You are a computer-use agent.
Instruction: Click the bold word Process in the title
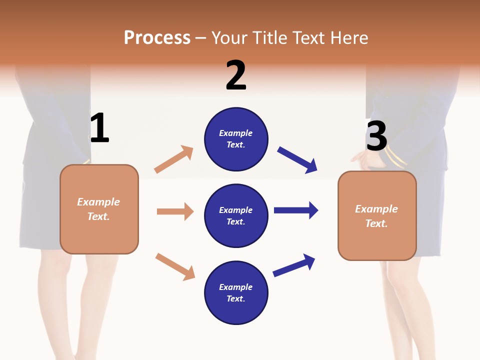[x=157, y=38]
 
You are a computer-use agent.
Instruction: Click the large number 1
[x=99, y=128]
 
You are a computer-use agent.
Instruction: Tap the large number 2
[x=236, y=75]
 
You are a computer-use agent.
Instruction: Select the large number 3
[x=376, y=136]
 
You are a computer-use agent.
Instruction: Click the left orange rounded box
[x=99, y=209]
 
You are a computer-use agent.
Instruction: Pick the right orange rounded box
[x=377, y=216]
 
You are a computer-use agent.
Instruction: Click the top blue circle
[x=236, y=139]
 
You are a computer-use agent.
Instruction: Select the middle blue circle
[x=236, y=216]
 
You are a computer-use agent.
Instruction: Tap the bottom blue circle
[x=236, y=293]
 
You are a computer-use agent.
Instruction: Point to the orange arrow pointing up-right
[x=173, y=159]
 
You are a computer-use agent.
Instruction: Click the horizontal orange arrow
[x=175, y=211]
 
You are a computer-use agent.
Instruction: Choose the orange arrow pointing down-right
[x=175, y=266]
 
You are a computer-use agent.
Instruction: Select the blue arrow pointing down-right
[x=297, y=160]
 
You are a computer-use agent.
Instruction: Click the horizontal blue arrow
[x=295, y=210]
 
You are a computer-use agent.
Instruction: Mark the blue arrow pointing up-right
[x=293, y=265]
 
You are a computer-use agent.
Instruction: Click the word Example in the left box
[x=98, y=202]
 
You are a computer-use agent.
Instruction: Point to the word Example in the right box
[x=376, y=209]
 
